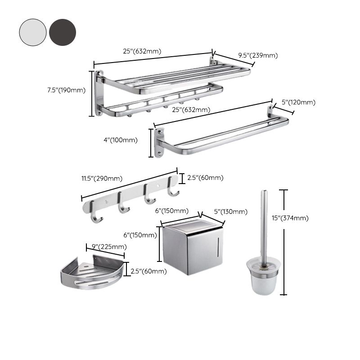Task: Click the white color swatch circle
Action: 32,32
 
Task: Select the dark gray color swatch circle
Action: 63,32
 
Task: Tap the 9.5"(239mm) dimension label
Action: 258,55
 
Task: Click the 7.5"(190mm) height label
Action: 66,90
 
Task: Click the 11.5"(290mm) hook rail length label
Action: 102,178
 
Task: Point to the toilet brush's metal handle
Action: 264,225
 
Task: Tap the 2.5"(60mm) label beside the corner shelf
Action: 148,271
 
